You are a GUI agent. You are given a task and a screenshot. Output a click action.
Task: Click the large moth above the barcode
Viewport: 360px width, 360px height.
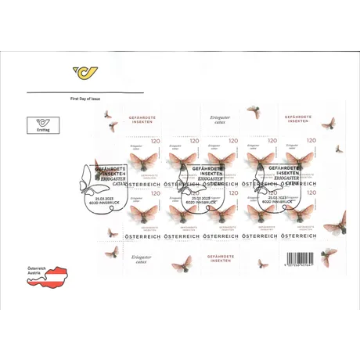point(335,225)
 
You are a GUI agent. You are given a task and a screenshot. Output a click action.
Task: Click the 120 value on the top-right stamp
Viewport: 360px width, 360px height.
point(311,141)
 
